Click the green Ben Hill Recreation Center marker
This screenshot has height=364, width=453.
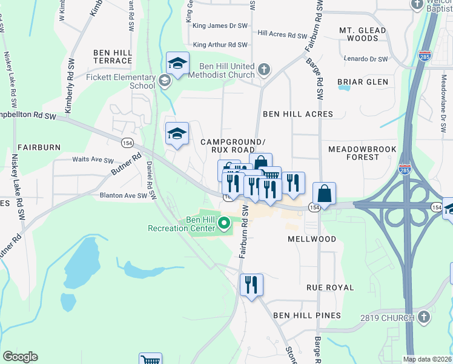tap(225, 224)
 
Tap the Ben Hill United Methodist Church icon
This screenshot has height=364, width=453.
tap(263, 70)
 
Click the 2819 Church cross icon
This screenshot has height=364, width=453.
tap(423, 317)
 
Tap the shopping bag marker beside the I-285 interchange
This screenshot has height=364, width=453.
tap(325, 194)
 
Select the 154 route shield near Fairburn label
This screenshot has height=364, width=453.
tap(127, 142)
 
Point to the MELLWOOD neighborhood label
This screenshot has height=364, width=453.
tap(311, 239)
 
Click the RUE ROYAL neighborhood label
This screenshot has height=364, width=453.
tap(329, 288)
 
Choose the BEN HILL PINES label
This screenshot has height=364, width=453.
tap(306, 315)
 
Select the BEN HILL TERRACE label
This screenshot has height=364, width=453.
tap(113, 57)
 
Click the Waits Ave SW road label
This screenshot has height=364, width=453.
tap(93, 161)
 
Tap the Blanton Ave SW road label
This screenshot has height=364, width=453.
tap(124, 196)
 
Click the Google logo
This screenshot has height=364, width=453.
tap(21, 356)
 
